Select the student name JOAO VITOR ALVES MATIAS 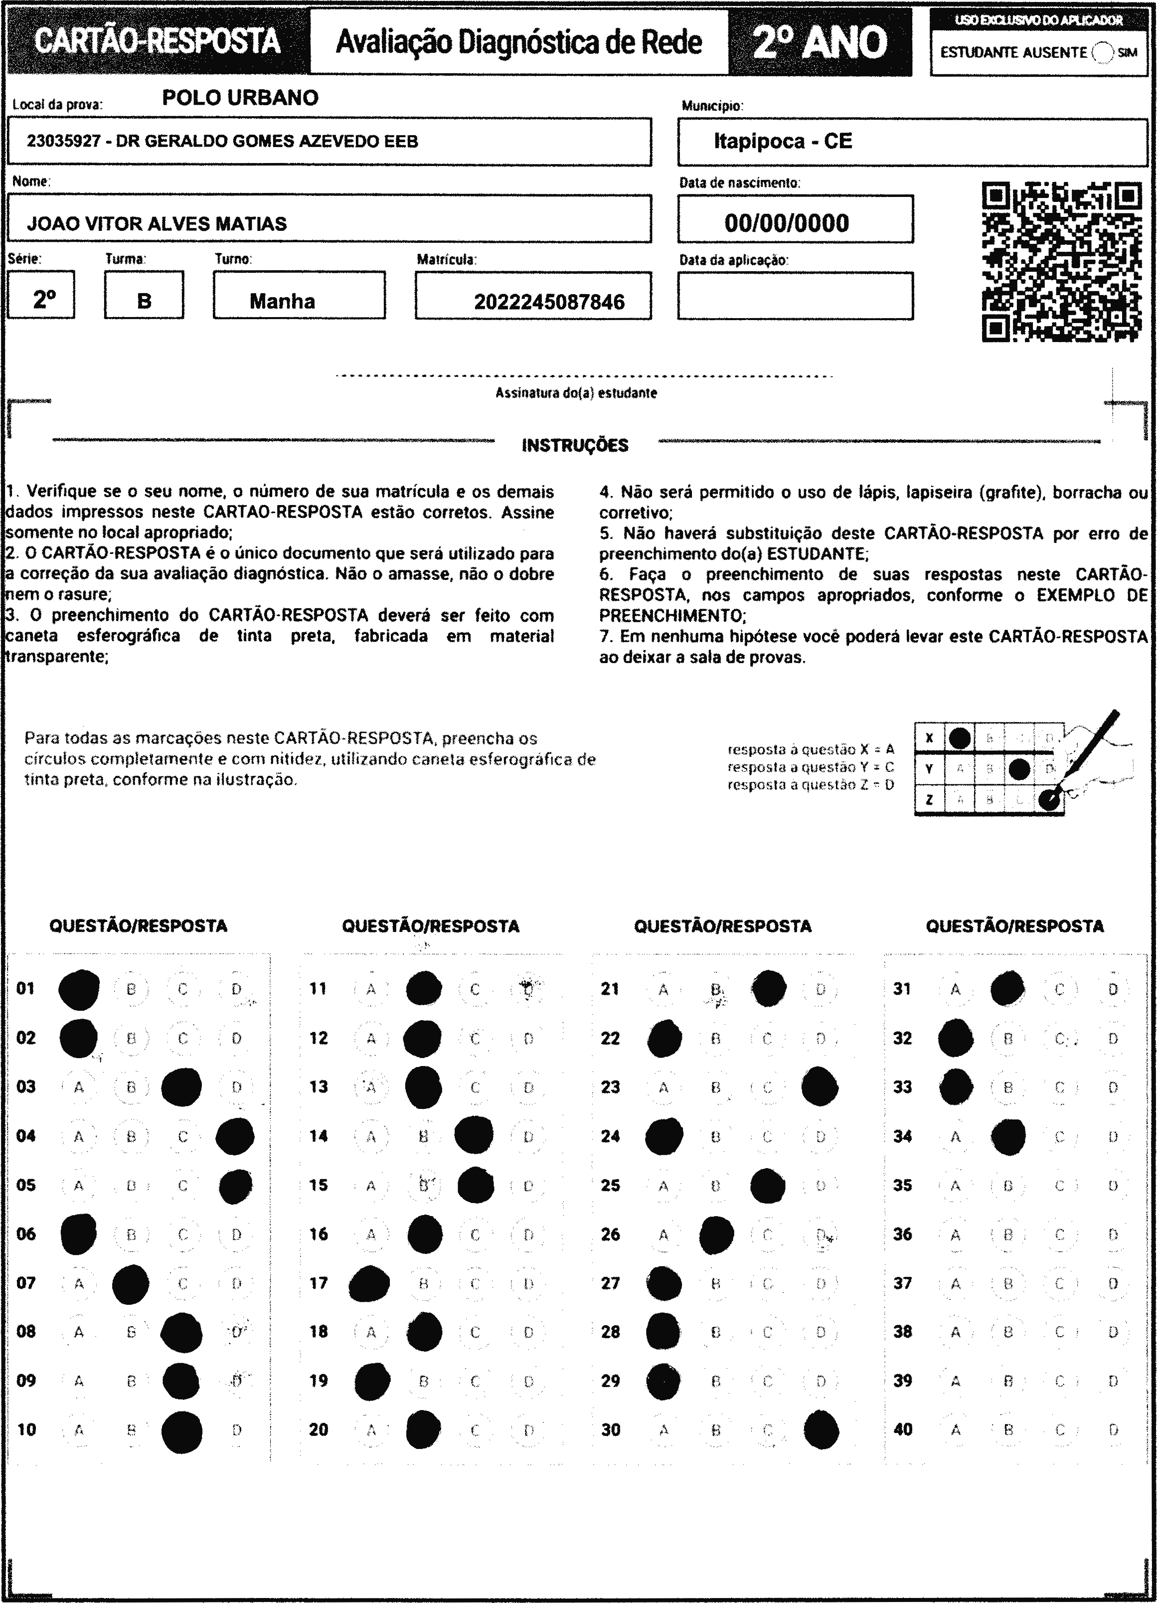click(157, 224)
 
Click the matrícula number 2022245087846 click(549, 302)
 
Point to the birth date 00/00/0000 click(786, 223)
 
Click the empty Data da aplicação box click(795, 296)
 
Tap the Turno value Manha click(282, 302)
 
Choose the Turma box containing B click(144, 296)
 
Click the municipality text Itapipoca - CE click(783, 142)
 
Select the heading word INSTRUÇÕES click(575, 445)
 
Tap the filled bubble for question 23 click(820, 1086)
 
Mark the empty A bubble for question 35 click(955, 1185)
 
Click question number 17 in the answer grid click(318, 1283)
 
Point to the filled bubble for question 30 click(822, 1429)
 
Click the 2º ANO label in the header click(820, 42)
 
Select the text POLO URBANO click(240, 98)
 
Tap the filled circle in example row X click(959, 738)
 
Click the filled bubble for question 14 click(474, 1136)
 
